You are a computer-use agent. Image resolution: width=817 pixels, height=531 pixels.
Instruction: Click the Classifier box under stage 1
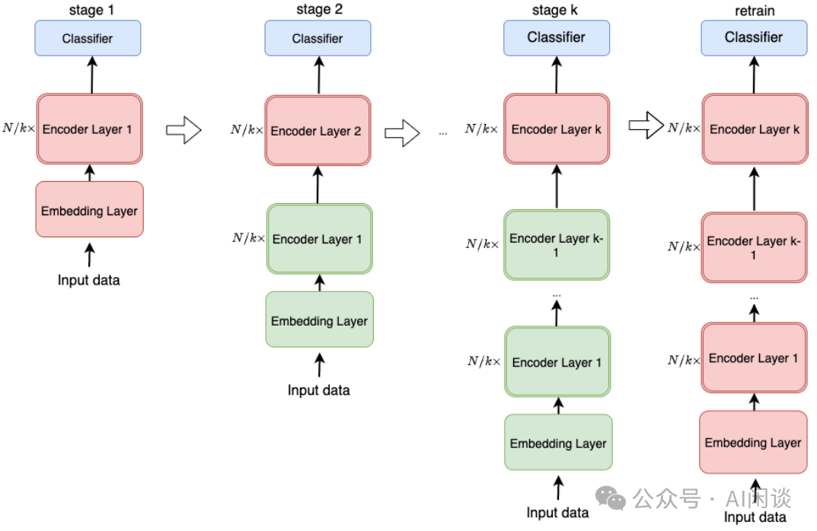[88, 38]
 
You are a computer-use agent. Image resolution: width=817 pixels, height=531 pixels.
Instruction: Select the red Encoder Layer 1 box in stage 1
[89, 129]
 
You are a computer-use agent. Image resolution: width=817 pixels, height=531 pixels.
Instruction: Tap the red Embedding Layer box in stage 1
[89, 209]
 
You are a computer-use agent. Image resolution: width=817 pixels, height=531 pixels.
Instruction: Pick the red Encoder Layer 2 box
[318, 131]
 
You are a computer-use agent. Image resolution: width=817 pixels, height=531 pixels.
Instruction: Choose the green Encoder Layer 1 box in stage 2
[319, 239]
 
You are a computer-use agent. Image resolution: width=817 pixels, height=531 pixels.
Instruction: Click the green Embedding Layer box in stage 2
[319, 320]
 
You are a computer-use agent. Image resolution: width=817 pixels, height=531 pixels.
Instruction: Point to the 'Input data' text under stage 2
[318, 390]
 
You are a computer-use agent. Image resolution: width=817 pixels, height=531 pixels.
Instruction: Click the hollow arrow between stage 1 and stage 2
[183, 129]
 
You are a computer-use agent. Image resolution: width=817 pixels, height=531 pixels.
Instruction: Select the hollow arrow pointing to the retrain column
[646, 126]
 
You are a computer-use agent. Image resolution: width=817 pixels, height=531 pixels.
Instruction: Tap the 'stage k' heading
[556, 9]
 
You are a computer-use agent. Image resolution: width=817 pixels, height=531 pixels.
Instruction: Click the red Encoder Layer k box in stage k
[556, 129]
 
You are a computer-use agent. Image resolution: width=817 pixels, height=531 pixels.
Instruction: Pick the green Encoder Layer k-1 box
[556, 244]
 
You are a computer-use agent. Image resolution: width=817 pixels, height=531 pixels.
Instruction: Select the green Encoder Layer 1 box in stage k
[557, 362]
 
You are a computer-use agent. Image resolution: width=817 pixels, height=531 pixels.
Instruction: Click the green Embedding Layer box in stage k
[557, 443]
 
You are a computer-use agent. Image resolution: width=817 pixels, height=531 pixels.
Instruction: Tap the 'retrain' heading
[753, 9]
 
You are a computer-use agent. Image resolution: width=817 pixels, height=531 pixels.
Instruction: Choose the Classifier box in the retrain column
[753, 37]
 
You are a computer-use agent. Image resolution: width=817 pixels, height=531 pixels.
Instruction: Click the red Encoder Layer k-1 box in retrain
[753, 246]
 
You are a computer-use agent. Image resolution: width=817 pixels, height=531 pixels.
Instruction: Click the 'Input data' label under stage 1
[88, 280]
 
